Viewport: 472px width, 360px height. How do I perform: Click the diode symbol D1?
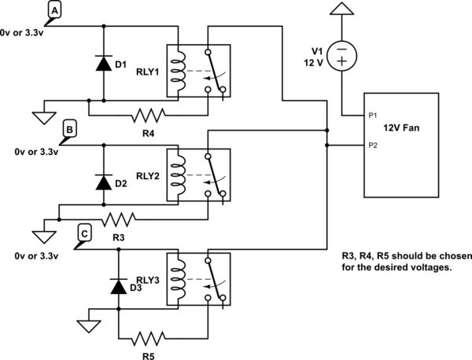[102, 64]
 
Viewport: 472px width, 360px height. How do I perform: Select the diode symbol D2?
[102, 182]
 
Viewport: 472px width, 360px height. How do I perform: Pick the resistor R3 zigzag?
[120, 217]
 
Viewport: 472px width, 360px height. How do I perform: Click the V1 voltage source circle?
[341, 57]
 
